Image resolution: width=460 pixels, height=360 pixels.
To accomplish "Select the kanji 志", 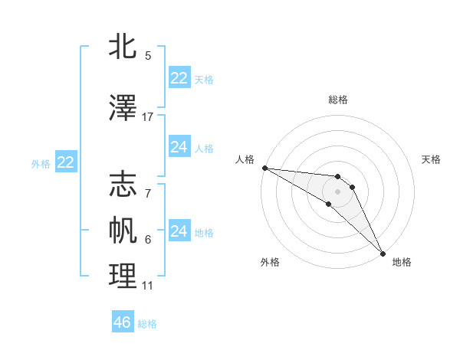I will (x=123, y=185).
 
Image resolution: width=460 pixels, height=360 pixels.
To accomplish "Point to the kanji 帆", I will (x=123, y=230).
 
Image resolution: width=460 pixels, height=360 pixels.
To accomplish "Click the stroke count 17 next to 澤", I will (x=148, y=117).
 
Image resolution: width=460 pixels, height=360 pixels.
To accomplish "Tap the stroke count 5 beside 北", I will (x=148, y=56).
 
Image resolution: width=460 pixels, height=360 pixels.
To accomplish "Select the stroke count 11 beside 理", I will (x=148, y=286).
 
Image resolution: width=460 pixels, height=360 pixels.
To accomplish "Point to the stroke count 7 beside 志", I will (x=148, y=186).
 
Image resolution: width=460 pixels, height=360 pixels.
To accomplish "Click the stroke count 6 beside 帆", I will (x=148, y=240).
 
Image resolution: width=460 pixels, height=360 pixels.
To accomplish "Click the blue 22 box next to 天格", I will (x=179, y=78).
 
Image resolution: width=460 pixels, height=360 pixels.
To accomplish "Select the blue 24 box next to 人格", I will (x=179, y=147).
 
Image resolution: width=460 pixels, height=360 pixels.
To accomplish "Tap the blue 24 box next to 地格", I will (x=179, y=231).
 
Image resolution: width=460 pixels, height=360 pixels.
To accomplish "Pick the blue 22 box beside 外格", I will (x=66, y=162).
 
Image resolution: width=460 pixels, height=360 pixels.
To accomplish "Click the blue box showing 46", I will (x=123, y=322).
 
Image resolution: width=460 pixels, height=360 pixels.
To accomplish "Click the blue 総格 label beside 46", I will (x=148, y=324).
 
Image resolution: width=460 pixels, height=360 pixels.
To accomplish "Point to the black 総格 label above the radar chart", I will (x=338, y=100).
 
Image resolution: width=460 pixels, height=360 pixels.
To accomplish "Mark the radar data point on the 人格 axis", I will (x=264, y=168).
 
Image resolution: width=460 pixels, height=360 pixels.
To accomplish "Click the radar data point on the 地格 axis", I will (x=382, y=253).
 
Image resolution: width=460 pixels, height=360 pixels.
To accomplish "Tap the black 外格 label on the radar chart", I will (x=270, y=262).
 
